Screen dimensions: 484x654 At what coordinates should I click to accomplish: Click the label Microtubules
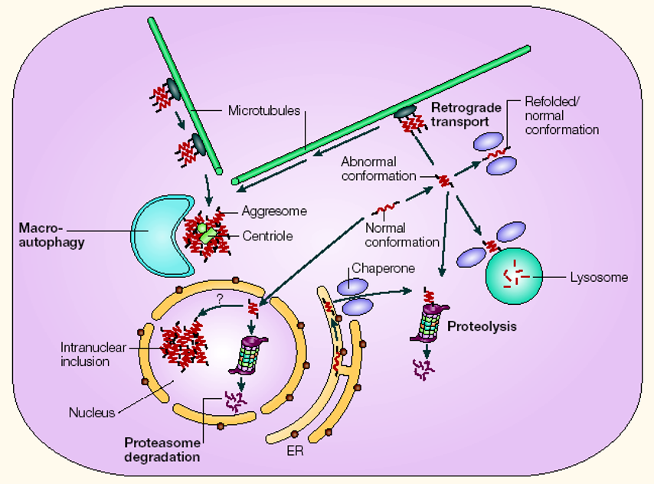263,111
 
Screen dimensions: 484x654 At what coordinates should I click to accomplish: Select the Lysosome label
599,277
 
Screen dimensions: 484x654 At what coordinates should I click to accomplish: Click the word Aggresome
273,211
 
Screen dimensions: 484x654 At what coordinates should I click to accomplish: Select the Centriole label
268,236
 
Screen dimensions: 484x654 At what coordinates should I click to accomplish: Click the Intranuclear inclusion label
90,353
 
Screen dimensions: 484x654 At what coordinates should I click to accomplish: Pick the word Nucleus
91,413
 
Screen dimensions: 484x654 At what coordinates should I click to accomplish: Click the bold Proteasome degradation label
162,450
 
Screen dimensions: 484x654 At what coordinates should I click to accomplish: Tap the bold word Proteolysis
482,326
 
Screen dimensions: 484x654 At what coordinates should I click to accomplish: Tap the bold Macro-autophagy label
53,235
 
